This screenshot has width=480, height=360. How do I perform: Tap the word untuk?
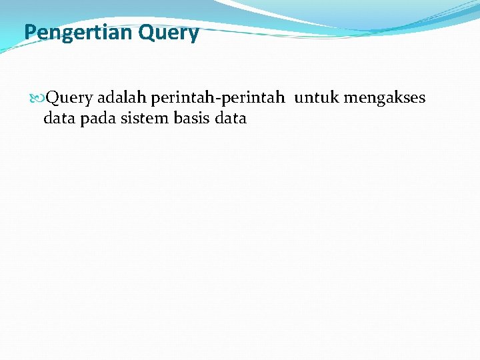tap(317, 98)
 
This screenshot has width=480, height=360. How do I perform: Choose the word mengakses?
tap(385, 99)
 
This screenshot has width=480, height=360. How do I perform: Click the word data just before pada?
tap(58, 119)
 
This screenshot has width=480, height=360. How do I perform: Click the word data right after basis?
tap(231, 119)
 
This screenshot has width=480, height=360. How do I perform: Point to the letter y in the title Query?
tap(193, 34)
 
